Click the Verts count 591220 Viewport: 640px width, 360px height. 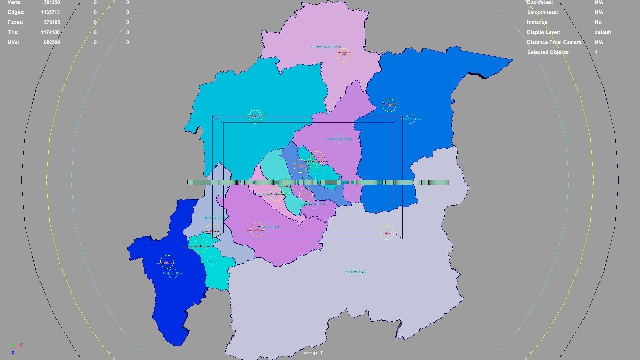[x=52, y=3]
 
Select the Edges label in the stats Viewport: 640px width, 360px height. [x=16, y=12]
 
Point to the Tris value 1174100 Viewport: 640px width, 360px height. [x=50, y=32]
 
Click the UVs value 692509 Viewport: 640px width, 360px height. [x=52, y=42]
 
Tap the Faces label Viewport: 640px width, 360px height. [x=15, y=22]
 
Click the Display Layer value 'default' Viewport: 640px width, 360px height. [x=602, y=32]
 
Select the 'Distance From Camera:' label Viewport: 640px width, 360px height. [x=554, y=42]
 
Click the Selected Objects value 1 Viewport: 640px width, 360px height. [x=596, y=52]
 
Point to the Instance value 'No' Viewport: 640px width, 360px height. [x=598, y=22]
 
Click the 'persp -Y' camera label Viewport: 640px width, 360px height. [x=313, y=353]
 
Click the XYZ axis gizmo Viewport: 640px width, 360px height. [x=15, y=348]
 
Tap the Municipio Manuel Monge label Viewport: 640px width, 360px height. [x=326, y=47]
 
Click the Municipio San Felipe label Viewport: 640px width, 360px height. [x=339, y=139]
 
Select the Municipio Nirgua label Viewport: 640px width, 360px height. [x=355, y=272]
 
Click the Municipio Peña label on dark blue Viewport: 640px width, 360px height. [x=173, y=273]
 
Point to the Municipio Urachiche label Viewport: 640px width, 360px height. [x=217, y=218]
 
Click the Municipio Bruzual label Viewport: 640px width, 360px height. [x=269, y=227]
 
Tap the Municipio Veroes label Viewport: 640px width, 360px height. [x=410, y=119]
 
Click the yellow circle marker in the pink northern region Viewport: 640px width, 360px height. [x=344, y=55]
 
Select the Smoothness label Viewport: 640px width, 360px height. [x=542, y=12]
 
